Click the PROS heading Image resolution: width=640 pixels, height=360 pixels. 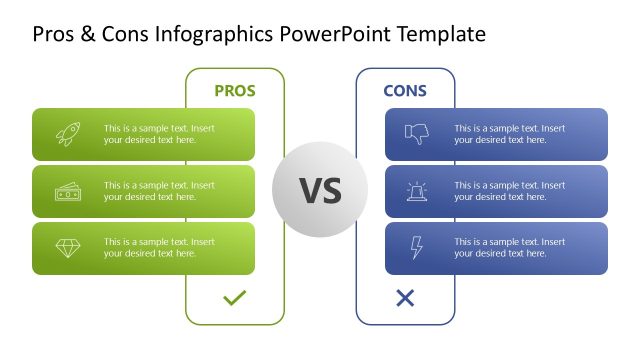pyautogui.click(x=235, y=91)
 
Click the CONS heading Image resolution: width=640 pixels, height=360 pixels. pyautogui.click(x=405, y=91)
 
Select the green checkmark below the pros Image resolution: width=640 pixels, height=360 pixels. pyautogui.click(x=234, y=298)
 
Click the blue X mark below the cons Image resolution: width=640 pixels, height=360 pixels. pyautogui.click(x=405, y=298)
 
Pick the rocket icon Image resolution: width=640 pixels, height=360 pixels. pyautogui.click(x=68, y=134)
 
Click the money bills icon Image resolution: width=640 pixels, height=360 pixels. pyautogui.click(x=68, y=191)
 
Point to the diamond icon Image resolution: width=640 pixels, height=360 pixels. pyautogui.click(x=68, y=248)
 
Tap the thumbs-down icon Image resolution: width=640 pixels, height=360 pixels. pyautogui.click(x=416, y=134)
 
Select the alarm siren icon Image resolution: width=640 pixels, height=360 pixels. pyautogui.click(x=416, y=191)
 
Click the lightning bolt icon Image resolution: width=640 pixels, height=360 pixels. pyautogui.click(x=416, y=248)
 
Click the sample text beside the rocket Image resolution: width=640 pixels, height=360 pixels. pyautogui.click(x=159, y=134)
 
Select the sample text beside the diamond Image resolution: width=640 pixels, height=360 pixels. pyautogui.click(x=159, y=248)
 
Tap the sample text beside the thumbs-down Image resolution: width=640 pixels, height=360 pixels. pyautogui.click(x=509, y=134)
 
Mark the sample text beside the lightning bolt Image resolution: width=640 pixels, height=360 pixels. pyautogui.click(x=509, y=248)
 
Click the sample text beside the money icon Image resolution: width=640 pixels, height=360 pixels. pyautogui.click(x=159, y=191)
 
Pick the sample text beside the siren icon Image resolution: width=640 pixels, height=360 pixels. pyautogui.click(x=509, y=191)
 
